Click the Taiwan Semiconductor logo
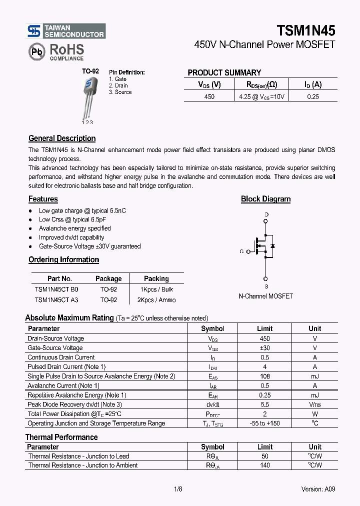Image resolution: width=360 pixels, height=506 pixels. pos(66,31)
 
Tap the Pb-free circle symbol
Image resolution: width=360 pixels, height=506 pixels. pos(36,51)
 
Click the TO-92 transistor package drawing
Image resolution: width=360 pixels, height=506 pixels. pos(88,98)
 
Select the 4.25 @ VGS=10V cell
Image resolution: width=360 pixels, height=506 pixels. pos(261,96)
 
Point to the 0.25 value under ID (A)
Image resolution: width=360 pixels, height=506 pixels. pos(312,96)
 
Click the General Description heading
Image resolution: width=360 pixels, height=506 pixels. pos(62,138)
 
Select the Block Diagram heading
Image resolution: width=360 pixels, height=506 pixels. pos(265,199)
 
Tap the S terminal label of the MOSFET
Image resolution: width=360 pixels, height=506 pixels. pos(266,286)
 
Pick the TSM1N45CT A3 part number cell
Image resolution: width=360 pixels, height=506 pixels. pos(56,300)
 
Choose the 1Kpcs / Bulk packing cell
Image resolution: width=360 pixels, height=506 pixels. pos(156,289)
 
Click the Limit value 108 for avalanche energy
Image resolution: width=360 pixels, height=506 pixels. pos(264,376)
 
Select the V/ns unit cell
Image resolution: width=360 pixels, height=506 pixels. pos(315,404)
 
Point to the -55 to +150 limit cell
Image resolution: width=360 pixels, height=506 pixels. pos(264,423)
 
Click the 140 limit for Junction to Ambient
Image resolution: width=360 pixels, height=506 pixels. pos(264,465)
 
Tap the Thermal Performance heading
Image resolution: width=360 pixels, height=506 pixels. pos(61,437)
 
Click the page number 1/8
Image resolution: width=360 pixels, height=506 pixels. pos(178,489)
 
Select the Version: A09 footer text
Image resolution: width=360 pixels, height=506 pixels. pos(318,489)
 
